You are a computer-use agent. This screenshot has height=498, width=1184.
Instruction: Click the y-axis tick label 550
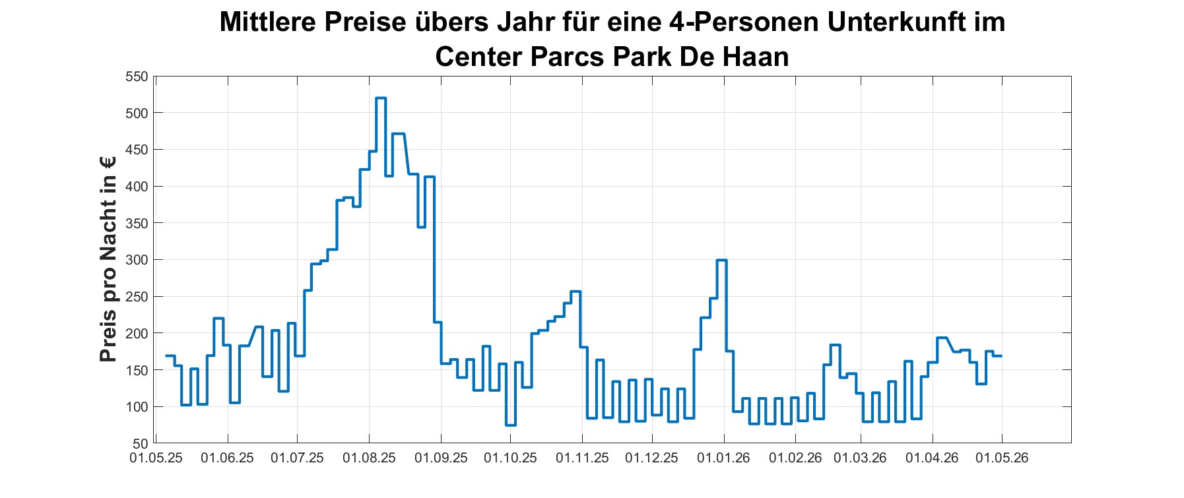[137, 77]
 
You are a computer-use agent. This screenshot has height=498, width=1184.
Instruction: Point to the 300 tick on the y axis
[137, 260]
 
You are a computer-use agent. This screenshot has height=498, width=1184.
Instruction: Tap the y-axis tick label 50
[141, 443]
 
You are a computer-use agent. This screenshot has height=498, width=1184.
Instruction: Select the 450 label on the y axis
[137, 150]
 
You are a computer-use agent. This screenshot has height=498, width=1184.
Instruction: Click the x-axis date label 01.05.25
[156, 458]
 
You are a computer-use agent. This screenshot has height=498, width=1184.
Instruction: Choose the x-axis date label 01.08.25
[369, 458]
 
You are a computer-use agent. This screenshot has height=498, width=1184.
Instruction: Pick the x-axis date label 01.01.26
[724, 458]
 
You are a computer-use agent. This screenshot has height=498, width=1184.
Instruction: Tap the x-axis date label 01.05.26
[1002, 458]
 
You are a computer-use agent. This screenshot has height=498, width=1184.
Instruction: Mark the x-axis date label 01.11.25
[582, 458]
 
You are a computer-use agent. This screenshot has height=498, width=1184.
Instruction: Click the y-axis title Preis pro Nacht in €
[108, 259]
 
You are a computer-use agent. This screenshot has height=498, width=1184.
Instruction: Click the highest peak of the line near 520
[381, 98]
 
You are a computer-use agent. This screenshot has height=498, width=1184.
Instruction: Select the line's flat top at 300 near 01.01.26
[721, 261]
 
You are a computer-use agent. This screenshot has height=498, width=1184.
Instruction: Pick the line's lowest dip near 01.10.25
[510, 425]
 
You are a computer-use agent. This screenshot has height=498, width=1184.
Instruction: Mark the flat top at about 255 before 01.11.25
[575, 292]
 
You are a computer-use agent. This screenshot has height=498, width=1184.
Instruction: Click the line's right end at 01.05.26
[1002, 356]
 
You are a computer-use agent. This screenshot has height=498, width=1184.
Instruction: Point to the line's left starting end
[166, 356]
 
